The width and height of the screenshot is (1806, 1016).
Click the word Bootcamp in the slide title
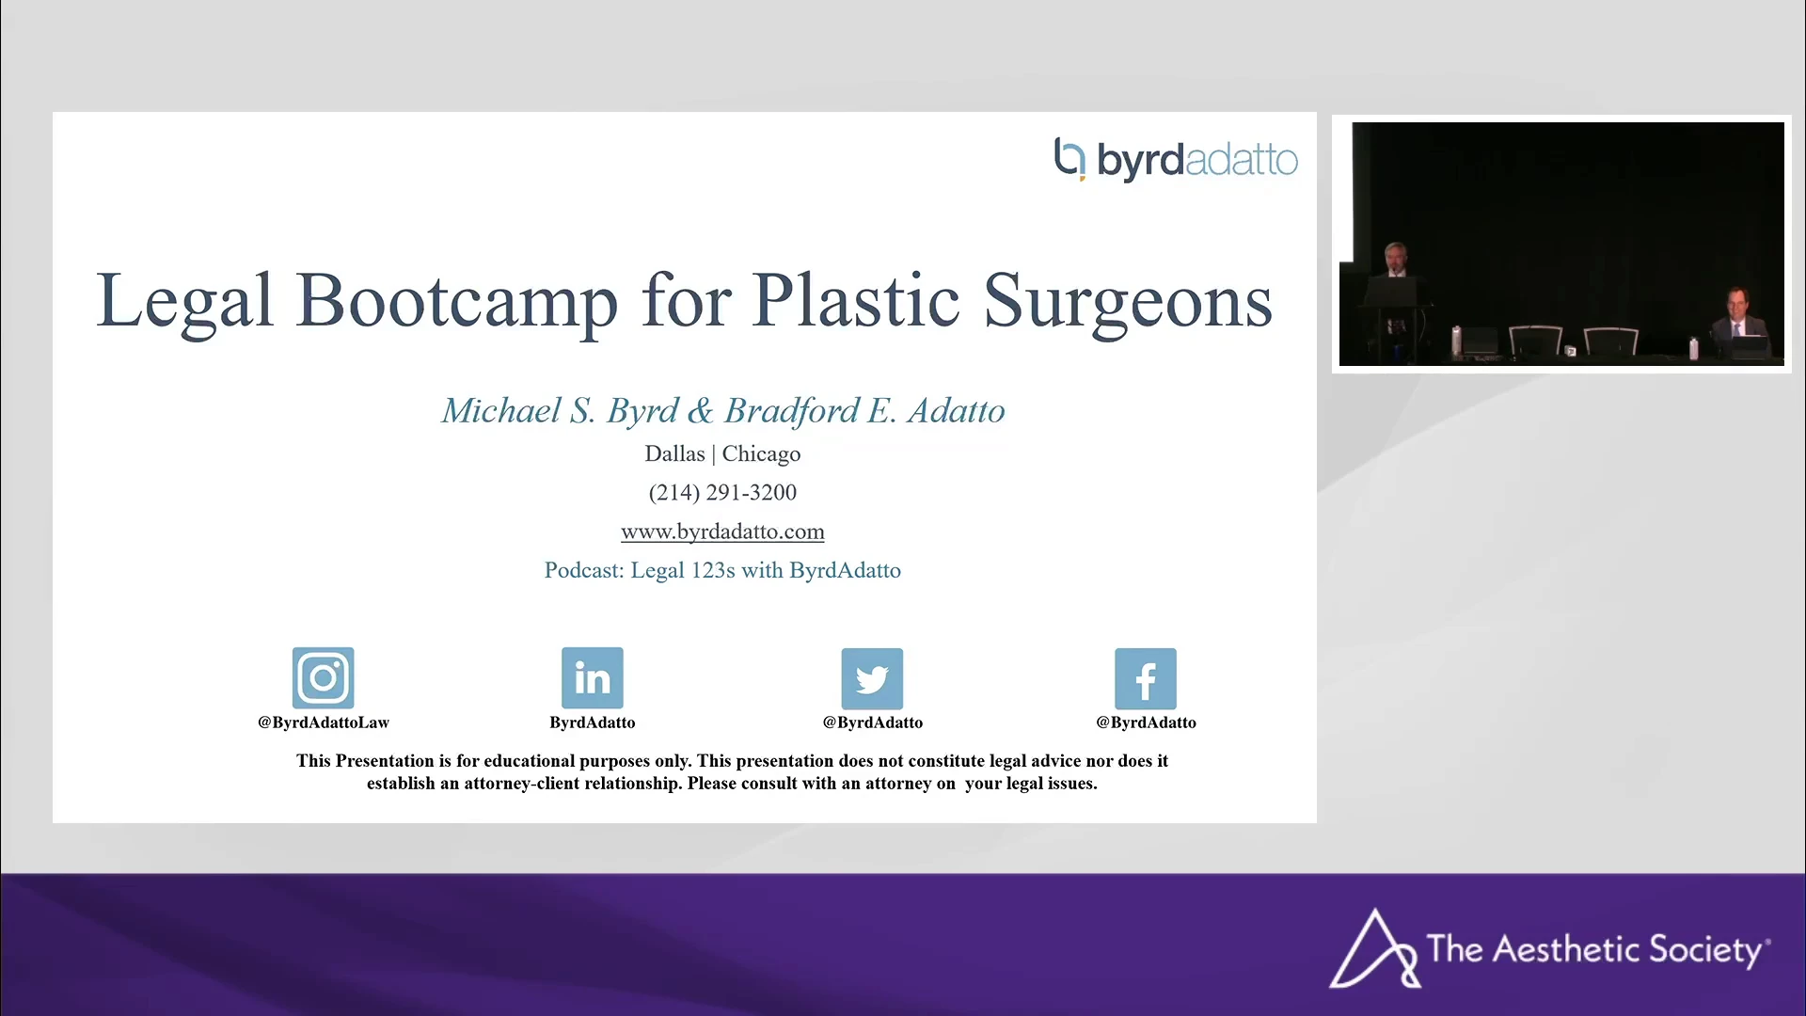click(457, 301)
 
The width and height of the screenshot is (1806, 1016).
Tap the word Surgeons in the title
click(1128, 301)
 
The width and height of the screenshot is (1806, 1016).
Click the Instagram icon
click(324, 677)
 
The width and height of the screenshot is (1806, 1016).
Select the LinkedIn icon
click(593, 677)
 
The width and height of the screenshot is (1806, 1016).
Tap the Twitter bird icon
click(872, 678)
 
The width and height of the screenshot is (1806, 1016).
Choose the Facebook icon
click(1146, 678)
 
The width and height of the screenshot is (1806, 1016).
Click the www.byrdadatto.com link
click(722, 532)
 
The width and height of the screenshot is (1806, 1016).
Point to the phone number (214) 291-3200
click(722, 492)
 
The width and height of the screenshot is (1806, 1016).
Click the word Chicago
click(761, 454)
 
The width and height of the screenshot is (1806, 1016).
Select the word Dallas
click(674, 453)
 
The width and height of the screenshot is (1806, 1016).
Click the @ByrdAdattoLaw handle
click(324, 722)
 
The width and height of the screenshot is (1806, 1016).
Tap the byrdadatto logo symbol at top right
click(1069, 159)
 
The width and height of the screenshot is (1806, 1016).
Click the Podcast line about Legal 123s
click(722, 570)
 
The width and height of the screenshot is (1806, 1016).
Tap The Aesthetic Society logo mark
click(1373, 948)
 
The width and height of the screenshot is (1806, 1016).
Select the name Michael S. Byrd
click(560, 411)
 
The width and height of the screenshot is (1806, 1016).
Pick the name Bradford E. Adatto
click(864, 411)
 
